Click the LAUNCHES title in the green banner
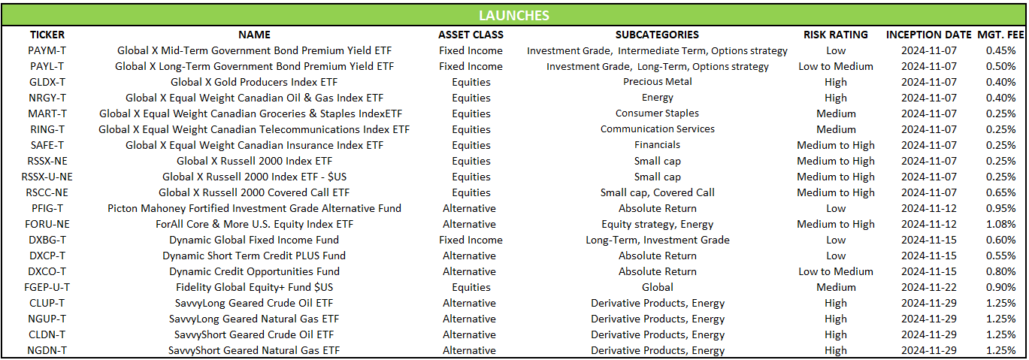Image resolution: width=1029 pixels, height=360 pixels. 514,16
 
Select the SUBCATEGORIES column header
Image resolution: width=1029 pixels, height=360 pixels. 657,35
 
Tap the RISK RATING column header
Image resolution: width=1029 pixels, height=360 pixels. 836,35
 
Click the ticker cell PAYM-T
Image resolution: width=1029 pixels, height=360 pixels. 47,50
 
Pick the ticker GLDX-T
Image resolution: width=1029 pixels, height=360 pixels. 47,82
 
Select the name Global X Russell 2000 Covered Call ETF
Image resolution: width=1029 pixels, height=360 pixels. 254,193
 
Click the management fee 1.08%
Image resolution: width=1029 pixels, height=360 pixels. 1000,224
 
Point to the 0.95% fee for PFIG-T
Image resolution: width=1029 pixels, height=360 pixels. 1000,208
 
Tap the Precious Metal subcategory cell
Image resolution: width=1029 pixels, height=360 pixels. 658,82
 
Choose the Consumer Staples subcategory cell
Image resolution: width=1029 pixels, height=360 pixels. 658,113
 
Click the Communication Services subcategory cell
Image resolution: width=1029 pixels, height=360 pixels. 658,129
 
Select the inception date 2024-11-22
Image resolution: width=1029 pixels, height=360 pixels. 929,287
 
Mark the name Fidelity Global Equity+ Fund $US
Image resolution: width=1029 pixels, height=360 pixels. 255,287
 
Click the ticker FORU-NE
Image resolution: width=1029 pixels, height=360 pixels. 47,224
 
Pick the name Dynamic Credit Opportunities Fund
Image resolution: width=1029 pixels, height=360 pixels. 255,272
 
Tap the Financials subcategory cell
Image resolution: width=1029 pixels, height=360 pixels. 658,145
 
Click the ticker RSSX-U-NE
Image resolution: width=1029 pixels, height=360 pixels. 47,177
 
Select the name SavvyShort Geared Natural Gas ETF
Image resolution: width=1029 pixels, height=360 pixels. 254,351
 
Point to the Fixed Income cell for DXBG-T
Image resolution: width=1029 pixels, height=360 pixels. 471,241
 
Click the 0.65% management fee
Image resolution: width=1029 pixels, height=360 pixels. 1000,193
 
